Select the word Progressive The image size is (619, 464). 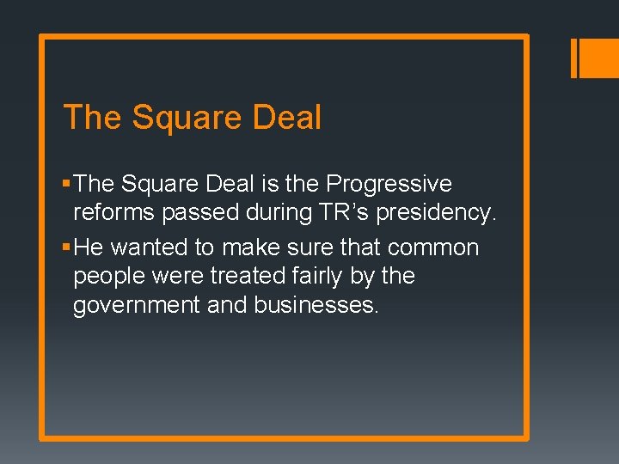[389, 185]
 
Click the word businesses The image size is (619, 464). [316, 305]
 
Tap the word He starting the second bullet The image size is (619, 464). [89, 247]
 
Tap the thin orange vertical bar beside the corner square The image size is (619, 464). [574, 58]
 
